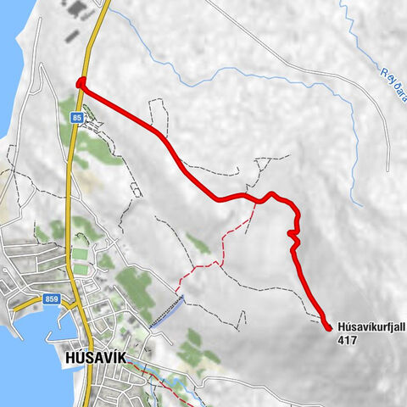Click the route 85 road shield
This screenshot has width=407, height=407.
[x=76, y=117]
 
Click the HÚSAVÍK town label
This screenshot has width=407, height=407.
[x=94, y=358]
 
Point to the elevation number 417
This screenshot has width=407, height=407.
[x=346, y=340]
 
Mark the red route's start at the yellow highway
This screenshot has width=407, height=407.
[x=81, y=83]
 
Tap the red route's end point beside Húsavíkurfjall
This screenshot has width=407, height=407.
[x=327, y=325]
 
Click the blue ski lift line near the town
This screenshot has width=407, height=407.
[x=166, y=313]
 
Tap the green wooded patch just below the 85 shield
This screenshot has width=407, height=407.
[x=85, y=144]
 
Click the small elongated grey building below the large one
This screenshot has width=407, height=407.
[x=71, y=37]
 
